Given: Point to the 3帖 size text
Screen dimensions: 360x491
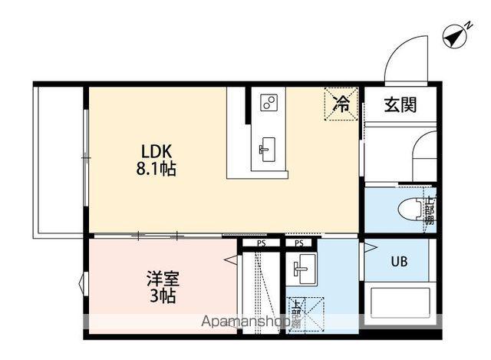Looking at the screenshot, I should click(163, 296).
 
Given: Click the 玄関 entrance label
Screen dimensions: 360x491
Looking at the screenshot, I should click(400, 104).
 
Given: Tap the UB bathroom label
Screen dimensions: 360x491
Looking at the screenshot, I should click(399, 261).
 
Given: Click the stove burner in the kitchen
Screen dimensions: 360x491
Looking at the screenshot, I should click(268, 102).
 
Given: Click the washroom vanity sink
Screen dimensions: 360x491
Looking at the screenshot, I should click(300, 269).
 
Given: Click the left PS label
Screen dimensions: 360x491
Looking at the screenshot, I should click(262, 243).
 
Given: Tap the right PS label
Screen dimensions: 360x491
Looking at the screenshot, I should click(299, 243).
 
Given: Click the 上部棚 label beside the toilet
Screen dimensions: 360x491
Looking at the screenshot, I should click(430, 209).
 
